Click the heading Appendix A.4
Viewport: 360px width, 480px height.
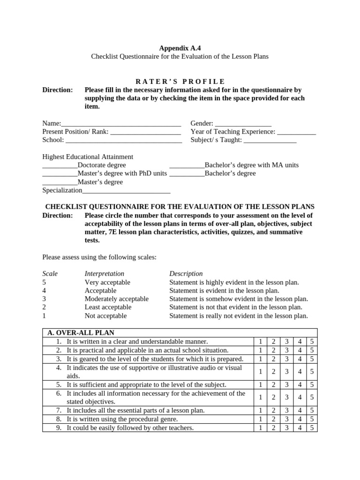click(180, 48)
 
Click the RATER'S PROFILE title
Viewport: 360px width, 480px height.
click(180, 81)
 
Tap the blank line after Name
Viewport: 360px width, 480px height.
click(121, 123)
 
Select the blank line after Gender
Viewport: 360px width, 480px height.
click(242, 123)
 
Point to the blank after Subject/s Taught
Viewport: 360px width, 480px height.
click(270, 140)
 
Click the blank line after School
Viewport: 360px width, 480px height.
click(124, 140)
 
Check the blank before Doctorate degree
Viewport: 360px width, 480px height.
click(60, 165)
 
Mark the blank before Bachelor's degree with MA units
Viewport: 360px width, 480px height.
click(187, 165)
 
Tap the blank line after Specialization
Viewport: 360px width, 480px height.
click(126, 191)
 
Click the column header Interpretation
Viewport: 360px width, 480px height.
click(104, 273)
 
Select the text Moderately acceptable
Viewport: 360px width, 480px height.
click(116, 299)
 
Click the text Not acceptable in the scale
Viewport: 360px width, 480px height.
click(105, 315)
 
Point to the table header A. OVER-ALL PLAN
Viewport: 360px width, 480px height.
click(81, 333)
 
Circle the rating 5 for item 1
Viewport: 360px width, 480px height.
click(312, 342)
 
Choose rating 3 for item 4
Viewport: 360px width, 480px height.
click(286, 372)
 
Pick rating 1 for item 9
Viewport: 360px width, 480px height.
click(261, 427)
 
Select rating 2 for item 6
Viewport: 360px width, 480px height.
click(273, 397)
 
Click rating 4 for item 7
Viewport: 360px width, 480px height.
click(299, 410)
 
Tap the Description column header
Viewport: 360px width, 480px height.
click(186, 273)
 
